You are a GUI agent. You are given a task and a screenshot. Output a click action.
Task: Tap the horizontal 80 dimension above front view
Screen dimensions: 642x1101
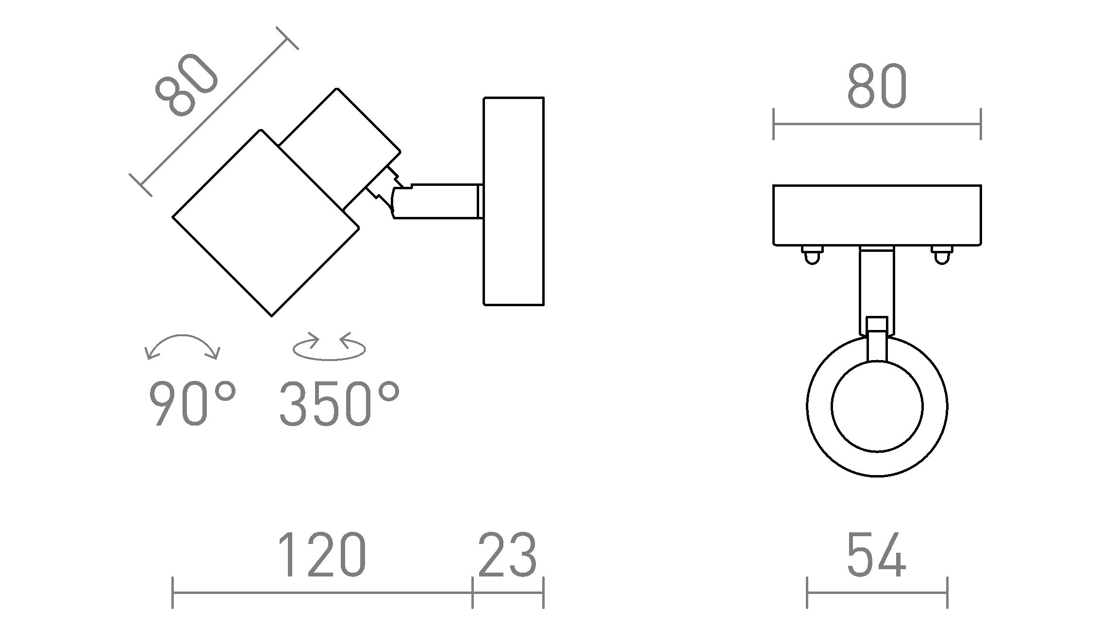[877, 87]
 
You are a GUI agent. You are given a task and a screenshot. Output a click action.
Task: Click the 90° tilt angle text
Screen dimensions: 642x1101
[192, 404]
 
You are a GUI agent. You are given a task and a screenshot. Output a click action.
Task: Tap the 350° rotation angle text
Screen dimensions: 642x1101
[339, 404]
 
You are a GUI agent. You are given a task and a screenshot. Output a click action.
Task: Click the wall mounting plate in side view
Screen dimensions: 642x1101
[514, 201]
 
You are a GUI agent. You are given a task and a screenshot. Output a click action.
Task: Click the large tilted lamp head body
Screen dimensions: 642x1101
[266, 223]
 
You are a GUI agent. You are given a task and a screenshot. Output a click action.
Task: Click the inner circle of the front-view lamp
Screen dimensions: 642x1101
[877, 407]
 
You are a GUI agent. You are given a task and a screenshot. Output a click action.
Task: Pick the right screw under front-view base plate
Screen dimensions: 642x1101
[941, 254]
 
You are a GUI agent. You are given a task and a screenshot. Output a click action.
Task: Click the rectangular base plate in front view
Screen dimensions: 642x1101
[877, 214]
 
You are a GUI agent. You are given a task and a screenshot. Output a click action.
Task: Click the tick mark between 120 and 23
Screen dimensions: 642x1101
[472, 593]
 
